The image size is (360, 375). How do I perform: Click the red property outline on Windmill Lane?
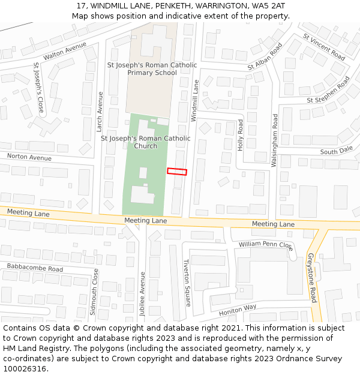(177, 172)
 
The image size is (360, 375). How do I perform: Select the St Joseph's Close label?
(38, 88)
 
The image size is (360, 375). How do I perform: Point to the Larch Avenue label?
(100, 112)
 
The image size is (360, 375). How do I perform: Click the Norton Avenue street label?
(29, 158)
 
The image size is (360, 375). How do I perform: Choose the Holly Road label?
(240, 134)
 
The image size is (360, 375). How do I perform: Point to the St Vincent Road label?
(324, 46)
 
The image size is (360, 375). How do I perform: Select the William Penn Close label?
(265, 245)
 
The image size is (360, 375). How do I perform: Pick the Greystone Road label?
(312, 277)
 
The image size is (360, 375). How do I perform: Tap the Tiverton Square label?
(186, 283)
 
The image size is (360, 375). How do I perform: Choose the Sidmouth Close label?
(94, 292)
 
